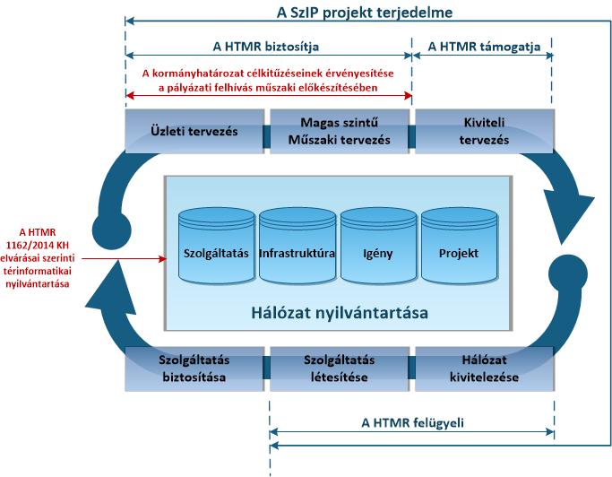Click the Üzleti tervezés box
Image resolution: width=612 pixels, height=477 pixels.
pyautogui.click(x=194, y=131)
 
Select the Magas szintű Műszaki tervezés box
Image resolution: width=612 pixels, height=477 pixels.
pyautogui.click(x=340, y=131)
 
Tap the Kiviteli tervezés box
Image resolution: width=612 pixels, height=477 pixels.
pyautogui.click(x=485, y=131)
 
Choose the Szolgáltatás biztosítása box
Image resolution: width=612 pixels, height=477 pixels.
pyautogui.click(x=194, y=369)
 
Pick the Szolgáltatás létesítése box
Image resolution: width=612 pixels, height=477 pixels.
pyautogui.click(x=340, y=369)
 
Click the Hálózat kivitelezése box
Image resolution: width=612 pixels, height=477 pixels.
pyautogui.click(x=485, y=369)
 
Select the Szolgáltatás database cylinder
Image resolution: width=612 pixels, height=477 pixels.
pyautogui.click(x=217, y=246)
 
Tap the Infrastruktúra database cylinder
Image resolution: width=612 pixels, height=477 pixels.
pyautogui.click(x=297, y=246)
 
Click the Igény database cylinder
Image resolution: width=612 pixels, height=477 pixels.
pyautogui.click(x=379, y=246)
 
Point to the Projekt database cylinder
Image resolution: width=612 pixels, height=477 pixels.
pyautogui.click(x=459, y=246)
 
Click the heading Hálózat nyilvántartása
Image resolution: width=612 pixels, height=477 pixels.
pyautogui.click(x=340, y=313)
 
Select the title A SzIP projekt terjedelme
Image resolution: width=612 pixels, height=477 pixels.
pyautogui.click(x=365, y=13)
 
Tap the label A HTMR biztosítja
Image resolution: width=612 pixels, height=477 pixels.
pyautogui.click(x=266, y=47)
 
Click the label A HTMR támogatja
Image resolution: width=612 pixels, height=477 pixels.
pyautogui.click(x=484, y=47)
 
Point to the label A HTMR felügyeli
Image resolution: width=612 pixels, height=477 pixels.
pyautogui.click(x=412, y=423)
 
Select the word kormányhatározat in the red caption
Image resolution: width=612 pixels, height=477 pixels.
pyautogui.click(x=185, y=74)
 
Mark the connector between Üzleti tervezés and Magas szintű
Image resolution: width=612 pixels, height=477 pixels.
pyautogui.click(x=267, y=136)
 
